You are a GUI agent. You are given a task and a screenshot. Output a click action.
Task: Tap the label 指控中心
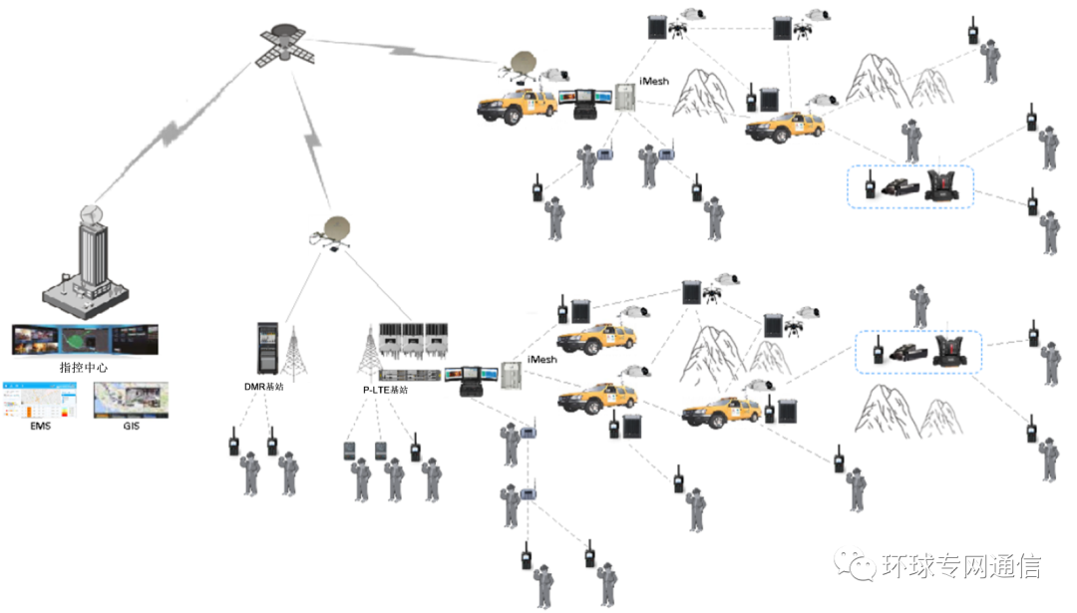[x=84, y=368]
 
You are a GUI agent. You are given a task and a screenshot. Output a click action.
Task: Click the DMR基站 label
[x=263, y=387]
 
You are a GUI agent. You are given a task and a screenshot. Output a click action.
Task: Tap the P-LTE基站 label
[x=385, y=390]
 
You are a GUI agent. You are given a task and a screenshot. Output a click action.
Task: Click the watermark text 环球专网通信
[x=961, y=567]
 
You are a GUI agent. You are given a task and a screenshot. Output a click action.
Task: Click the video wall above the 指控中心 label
[x=84, y=339]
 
